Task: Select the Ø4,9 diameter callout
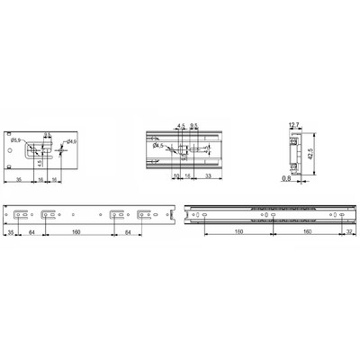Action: pos(71,142)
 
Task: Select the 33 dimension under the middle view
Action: pos(208,178)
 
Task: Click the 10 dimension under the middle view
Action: pos(176,178)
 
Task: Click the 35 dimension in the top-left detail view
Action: pos(20,178)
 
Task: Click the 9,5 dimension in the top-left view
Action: pos(47,130)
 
